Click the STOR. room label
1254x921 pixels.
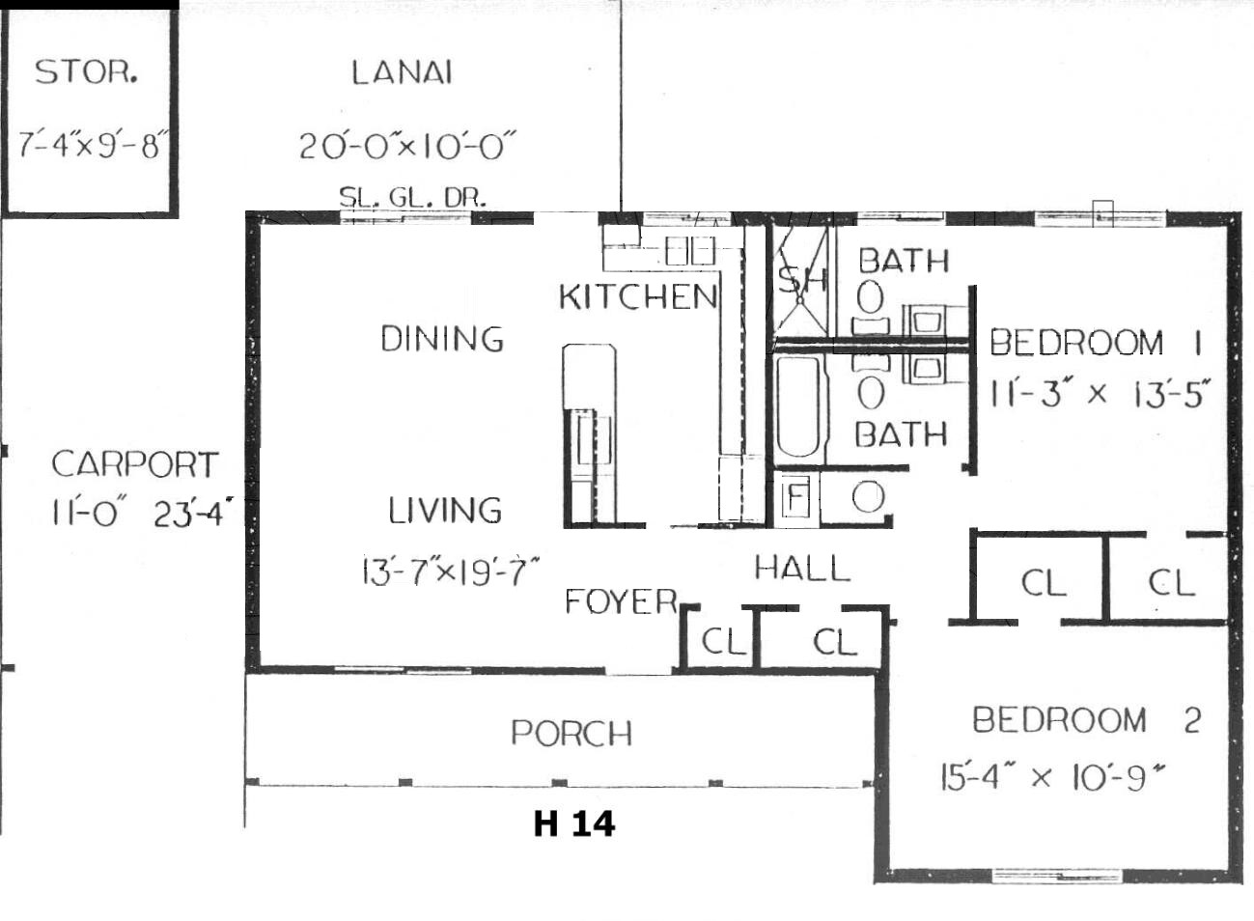click(x=86, y=71)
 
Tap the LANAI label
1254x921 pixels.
click(x=402, y=72)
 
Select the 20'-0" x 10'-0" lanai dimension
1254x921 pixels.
click(x=407, y=146)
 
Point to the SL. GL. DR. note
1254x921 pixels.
click(x=412, y=197)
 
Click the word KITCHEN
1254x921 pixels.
click(x=638, y=296)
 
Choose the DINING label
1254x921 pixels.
click(x=442, y=339)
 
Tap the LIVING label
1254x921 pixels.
click(x=445, y=510)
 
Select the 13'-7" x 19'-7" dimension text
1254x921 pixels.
click(x=451, y=571)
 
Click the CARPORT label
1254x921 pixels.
click(x=134, y=464)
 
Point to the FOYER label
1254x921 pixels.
click(x=622, y=601)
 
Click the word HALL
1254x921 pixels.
click(x=802, y=568)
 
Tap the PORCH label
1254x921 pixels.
click(x=571, y=733)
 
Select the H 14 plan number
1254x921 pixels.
click(x=574, y=823)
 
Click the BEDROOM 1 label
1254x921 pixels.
click(x=1096, y=342)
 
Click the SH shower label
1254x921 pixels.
click(x=802, y=279)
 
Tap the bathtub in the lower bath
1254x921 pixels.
click(x=797, y=406)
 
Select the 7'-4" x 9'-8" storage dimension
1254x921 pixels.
click(x=90, y=145)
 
